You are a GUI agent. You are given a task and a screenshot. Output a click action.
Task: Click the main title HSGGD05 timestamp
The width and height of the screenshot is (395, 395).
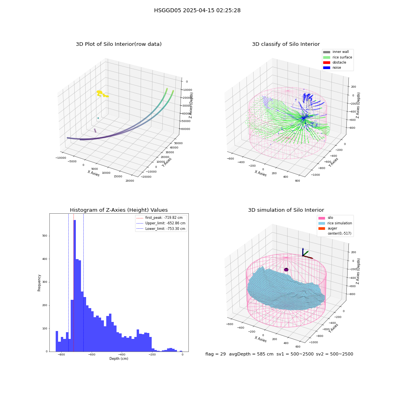coord(197,10)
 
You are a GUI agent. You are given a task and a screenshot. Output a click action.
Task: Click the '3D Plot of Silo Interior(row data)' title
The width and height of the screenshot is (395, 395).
coord(118,44)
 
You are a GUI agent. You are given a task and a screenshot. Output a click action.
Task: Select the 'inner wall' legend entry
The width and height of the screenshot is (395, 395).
coord(336,52)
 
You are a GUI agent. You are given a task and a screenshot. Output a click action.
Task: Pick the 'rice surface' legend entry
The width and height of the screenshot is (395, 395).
coord(338,57)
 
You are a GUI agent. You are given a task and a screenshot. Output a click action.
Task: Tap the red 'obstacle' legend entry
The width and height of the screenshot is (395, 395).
coord(335,62)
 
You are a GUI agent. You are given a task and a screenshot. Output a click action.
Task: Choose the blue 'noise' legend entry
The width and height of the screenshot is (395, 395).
coord(332,68)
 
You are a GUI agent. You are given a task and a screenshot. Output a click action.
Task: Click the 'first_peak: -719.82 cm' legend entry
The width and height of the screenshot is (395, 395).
coord(160,218)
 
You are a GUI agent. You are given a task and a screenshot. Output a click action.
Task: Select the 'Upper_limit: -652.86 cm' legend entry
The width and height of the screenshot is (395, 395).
coord(161,223)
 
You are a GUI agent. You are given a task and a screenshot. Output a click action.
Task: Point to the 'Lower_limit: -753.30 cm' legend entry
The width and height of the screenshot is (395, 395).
coord(161,229)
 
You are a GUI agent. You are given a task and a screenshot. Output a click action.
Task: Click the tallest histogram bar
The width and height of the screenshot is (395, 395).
coord(75,286)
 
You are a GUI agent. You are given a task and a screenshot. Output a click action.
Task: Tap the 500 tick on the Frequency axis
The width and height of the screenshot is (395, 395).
coord(45,236)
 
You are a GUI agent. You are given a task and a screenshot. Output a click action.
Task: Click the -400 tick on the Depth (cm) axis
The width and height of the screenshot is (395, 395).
coord(122,354)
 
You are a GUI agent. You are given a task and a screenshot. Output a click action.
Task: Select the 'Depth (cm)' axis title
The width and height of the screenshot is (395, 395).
coord(119,359)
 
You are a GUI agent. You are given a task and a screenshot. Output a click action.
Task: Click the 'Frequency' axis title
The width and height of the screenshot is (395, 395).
coord(39,283)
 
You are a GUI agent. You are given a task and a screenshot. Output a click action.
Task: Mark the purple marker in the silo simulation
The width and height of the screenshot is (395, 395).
coord(286,269)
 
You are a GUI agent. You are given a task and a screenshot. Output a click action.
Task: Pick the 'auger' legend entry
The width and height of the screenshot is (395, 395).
coord(328,228)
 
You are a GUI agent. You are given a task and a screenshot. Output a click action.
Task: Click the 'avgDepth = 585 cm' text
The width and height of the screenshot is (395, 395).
coord(251,354)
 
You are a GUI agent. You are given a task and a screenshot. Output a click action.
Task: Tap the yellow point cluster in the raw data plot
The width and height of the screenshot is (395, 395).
coord(102,94)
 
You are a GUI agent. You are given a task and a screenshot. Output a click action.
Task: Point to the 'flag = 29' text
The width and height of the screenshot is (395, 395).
coord(216,354)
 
